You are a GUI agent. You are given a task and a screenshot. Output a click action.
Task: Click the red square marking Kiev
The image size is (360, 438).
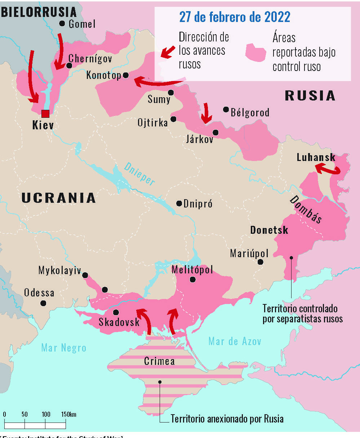click(x=45, y=114)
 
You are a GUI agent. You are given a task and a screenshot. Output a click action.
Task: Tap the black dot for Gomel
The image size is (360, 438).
click(x=62, y=24)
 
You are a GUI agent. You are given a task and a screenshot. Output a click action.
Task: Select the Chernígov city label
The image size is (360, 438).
click(x=90, y=58)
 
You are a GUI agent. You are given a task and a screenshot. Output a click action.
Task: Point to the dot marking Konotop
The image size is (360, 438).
click(x=126, y=75)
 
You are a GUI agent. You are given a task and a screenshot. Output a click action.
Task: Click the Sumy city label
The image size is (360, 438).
click(x=159, y=99)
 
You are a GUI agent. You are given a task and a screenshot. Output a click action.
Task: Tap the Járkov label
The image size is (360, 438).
click(x=200, y=139)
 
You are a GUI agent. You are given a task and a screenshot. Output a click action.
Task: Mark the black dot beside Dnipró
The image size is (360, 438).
click(x=179, y=204)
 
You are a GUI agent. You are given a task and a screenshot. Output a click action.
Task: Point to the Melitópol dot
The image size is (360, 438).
click(x=193, y=279)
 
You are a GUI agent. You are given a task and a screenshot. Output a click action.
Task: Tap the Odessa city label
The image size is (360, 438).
click(x=39, y=292)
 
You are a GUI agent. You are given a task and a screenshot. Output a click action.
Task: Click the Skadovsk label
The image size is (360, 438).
click(x=119, y=322)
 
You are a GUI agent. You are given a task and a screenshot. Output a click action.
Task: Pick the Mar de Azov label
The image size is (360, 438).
click(x=235, y=341)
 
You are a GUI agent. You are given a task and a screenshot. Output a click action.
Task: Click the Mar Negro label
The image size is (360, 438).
click(x=64, y=348)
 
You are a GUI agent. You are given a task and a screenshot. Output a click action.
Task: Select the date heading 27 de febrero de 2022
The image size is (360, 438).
click(x=235, y=17)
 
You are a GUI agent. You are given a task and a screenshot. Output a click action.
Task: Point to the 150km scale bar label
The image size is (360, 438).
click(x=68, y=414)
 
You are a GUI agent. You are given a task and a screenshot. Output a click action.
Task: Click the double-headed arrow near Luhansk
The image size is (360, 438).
click(x=328, y=169)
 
